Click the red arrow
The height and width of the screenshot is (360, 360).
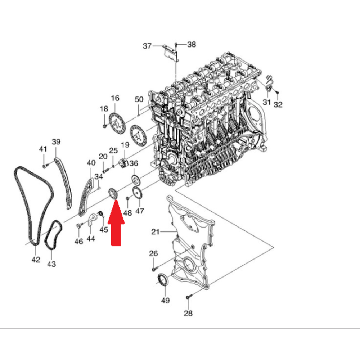[x=116, y=223]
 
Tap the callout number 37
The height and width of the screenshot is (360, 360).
[x=147, y=46]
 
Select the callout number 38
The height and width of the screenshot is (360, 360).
[x=192, y=44]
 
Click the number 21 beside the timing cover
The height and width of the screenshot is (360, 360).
[x=155, y=231]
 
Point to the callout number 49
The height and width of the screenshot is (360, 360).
[x=165, y=300]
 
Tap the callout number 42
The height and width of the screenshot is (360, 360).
[x=36, y=260]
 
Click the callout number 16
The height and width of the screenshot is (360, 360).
[x=115, y=98]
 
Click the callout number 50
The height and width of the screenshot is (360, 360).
[x=139, y=99]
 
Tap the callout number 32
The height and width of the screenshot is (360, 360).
[x=278, y=104]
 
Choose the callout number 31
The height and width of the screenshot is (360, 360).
[x=266, y=102]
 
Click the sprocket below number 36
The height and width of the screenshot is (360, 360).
[x=136, y=180]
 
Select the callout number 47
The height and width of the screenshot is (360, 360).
[x=140, y=211]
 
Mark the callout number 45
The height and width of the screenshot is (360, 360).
[x=104, y=229]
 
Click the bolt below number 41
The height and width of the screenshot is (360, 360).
[x=45, y=166]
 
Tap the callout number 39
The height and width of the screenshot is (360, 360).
[x=56, y=141]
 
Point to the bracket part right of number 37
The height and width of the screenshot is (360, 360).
[x=171, y=53]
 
